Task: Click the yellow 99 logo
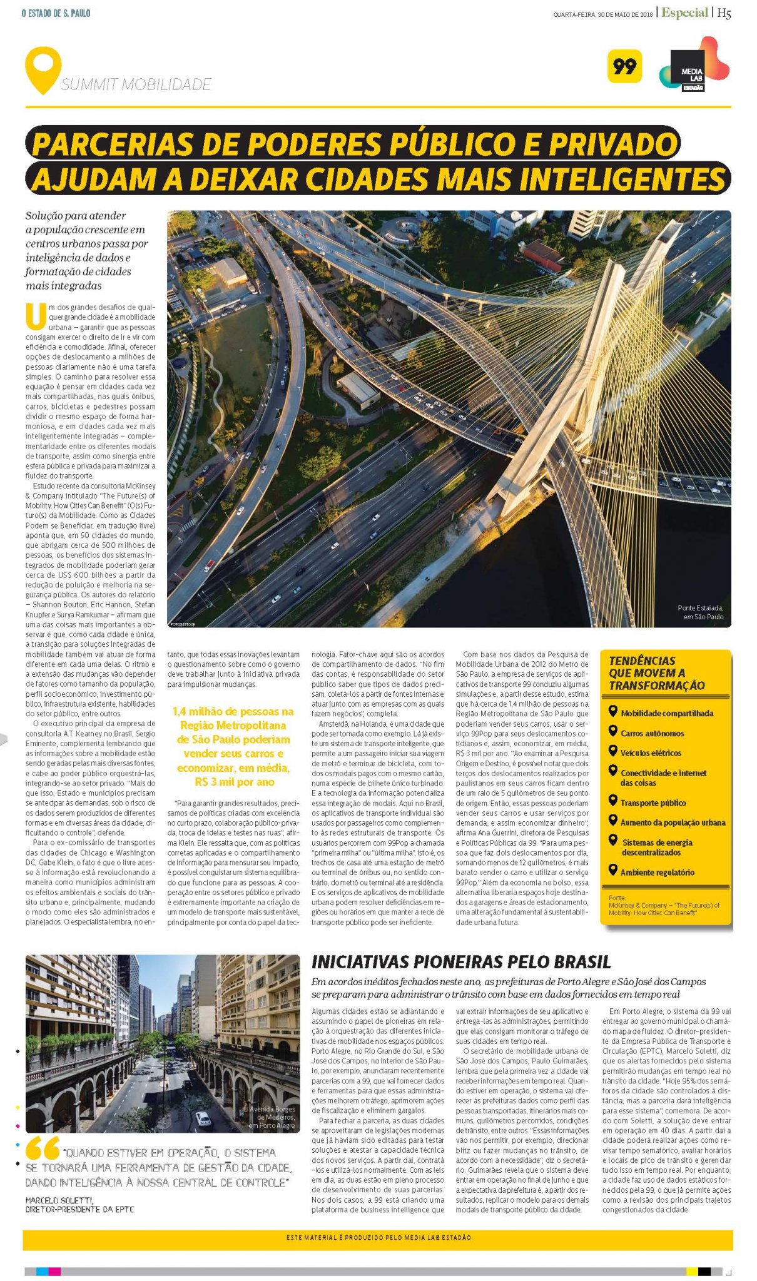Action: click(624, 66)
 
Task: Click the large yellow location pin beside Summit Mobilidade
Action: click(43, 69)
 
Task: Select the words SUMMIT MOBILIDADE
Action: click(136, 85)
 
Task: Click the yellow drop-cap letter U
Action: click(36, 316)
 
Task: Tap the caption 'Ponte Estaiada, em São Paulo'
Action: click(700, 612)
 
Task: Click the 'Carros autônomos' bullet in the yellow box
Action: click(652, 733)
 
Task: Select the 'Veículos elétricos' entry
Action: click(651, 753)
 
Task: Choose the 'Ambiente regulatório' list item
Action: click(657, 873)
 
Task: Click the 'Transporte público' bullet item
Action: click(653, 803)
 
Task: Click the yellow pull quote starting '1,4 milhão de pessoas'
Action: click(233, 747)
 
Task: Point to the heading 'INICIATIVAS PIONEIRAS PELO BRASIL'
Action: click(461, 962)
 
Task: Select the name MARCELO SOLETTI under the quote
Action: click(59, 1200)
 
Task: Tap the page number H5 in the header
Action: click(724, 13)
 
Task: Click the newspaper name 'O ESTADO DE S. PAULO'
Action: click(56, 13)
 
